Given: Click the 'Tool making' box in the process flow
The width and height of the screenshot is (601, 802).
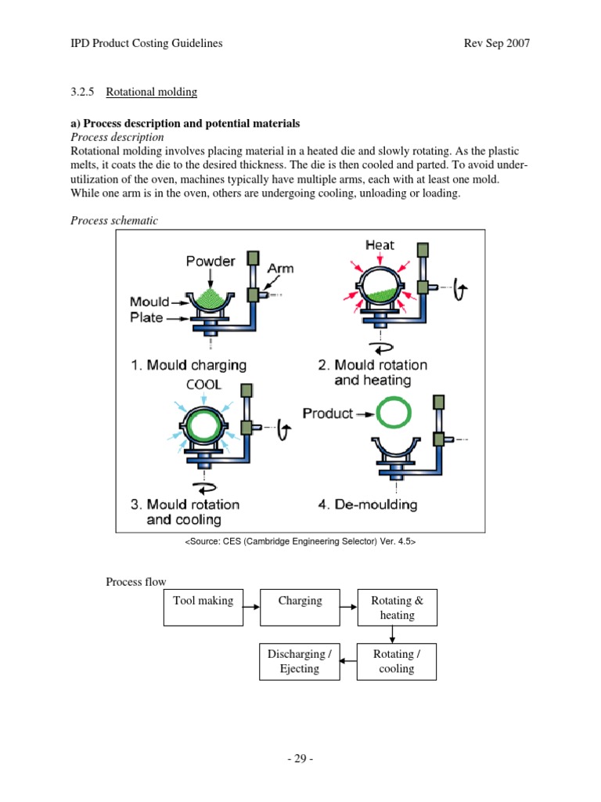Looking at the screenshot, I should pos(203,608).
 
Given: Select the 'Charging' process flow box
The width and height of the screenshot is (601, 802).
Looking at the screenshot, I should pos(300,608).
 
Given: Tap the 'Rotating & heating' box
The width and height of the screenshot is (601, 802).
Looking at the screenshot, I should pos(397,608).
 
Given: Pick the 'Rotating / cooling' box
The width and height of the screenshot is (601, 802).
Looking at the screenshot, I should pos(397,661).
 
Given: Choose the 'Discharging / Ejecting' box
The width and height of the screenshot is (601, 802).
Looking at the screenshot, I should pos(300,661).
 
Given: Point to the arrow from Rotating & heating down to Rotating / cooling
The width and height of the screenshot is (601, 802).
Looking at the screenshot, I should pos(397,634).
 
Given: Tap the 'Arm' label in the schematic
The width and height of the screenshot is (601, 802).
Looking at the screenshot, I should pos(280,268).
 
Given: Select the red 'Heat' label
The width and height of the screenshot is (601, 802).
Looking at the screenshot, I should pos(380,245).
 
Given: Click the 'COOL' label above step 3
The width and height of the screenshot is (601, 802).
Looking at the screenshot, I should pos(203,385).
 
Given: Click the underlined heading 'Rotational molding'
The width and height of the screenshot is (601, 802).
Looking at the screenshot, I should pos(152,92).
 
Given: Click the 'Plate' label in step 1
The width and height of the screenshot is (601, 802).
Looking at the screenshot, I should pos(149,317).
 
